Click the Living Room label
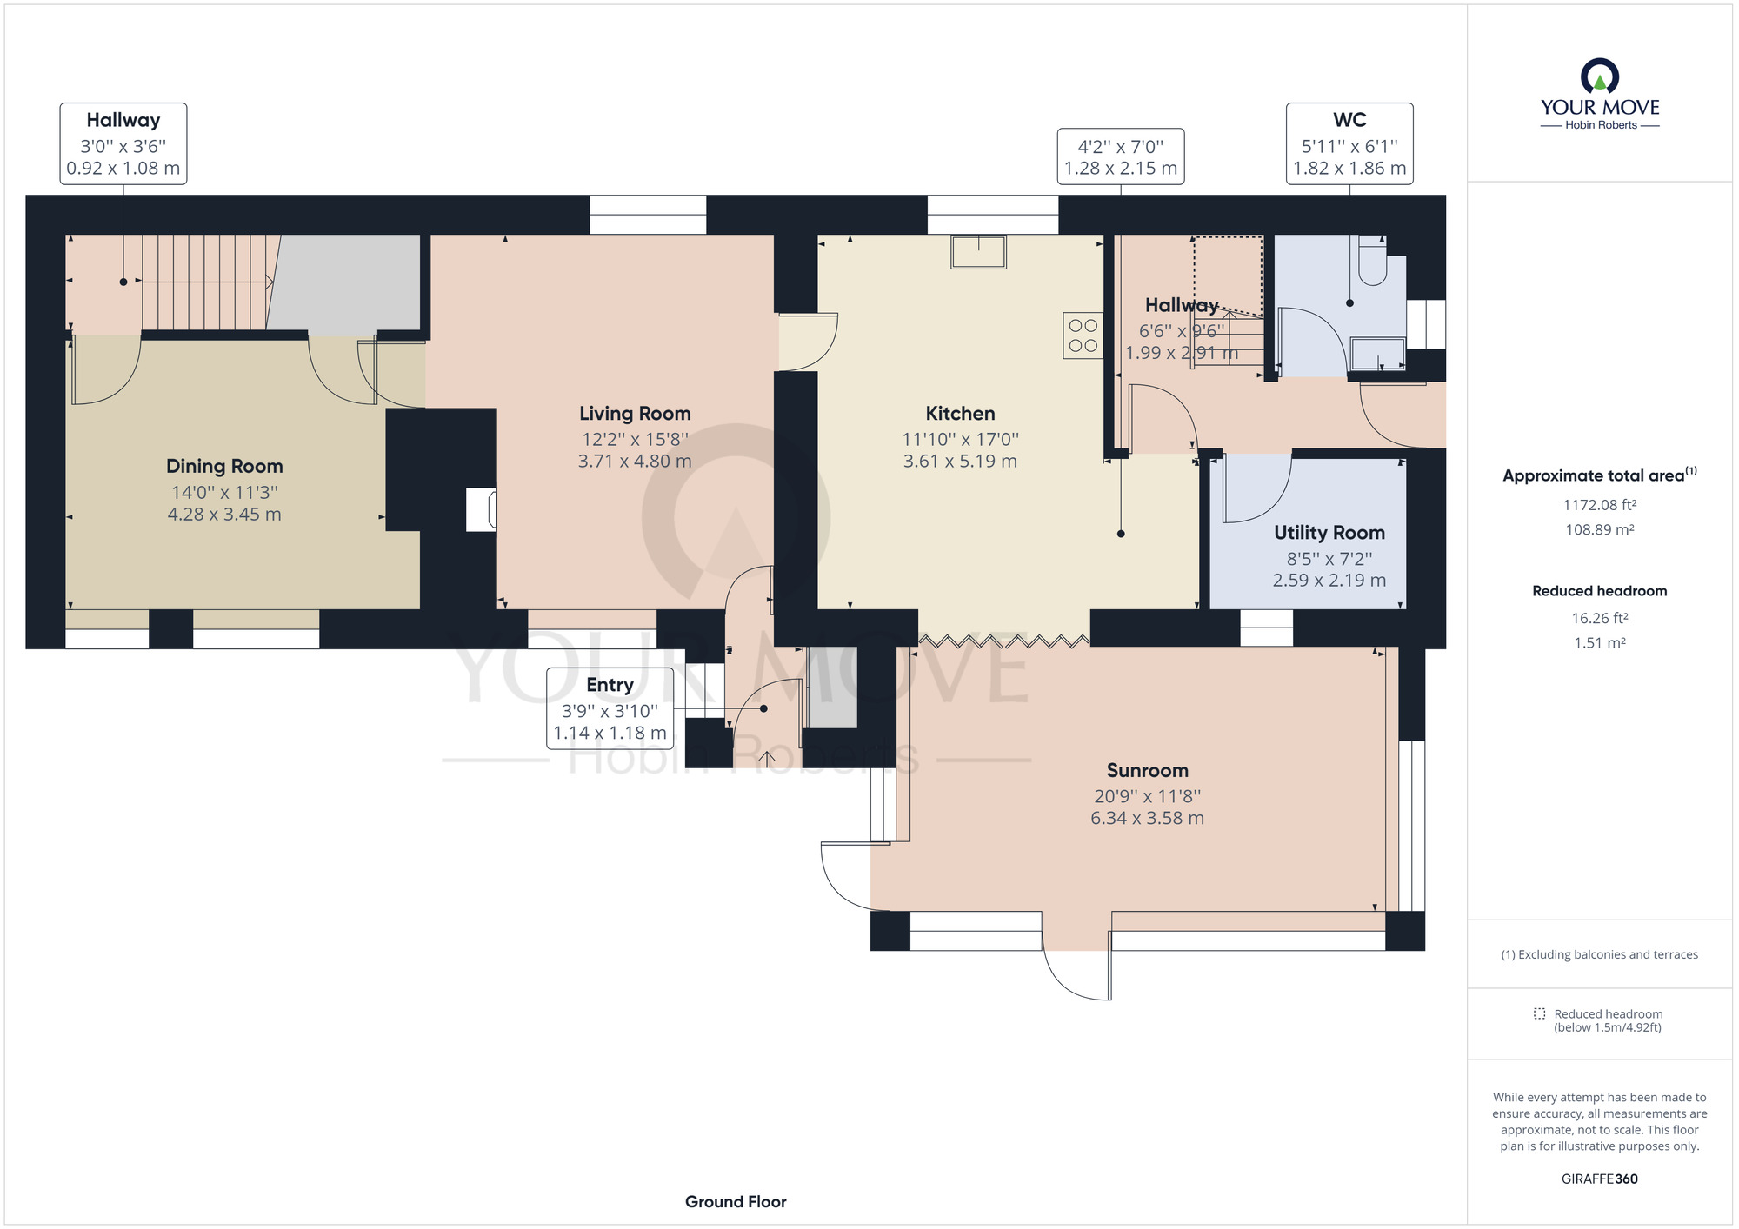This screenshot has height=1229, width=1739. tap(635, 414)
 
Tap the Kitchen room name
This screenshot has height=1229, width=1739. tap(960, 414)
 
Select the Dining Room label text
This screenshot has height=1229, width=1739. tap(224, 467)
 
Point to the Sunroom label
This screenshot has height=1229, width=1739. tap(1147, 770)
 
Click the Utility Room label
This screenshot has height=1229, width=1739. tap(1329, 533)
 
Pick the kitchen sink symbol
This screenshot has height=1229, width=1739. tap(978, 251)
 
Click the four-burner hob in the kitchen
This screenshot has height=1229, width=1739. tap(1083, 335)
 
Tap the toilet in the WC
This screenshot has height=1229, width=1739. tap(1372, 260)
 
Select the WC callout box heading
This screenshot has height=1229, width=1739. tap(1349, 120)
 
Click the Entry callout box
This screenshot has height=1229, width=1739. tap(610, 708)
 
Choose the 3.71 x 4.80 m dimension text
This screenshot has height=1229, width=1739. tap(635, 462)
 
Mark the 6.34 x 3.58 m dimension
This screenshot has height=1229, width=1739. tap(1147, 818)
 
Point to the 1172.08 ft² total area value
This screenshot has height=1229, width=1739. tap(1600, 505)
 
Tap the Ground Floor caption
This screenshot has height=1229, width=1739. tap(736, 1202)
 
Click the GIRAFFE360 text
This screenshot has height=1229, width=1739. tap(1600, 1179)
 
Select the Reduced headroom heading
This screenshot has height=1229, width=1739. tap(1600, 591)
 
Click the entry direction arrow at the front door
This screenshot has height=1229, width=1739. tap(767, 759)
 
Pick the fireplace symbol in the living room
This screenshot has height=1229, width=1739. tap(482, 509)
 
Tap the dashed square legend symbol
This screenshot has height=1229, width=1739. tap(1539, 1013)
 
